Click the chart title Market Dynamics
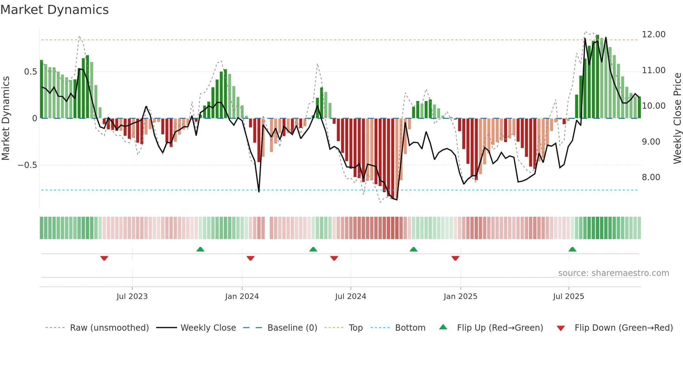[x=54, y=10]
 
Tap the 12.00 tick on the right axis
[x=653, y=34]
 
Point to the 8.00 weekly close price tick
[x=651, y=177]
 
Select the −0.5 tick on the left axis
[x=28, y=165]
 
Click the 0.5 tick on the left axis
[x=30, y=71]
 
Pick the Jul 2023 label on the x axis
[x=132, y=296]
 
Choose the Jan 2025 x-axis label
[x=460, y=296]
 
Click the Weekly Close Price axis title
[x=677, y=118]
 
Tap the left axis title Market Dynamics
[x=6, y=118]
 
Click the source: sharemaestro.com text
[x=613, y=273]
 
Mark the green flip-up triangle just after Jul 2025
[x=572, y=249]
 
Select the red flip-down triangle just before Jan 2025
[x=455, y=258]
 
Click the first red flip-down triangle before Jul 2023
[x=104, y=258]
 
